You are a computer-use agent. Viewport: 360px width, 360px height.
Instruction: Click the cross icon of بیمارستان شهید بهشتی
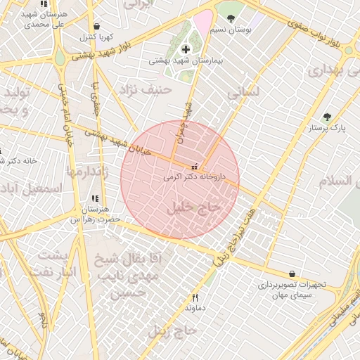pos(186,49)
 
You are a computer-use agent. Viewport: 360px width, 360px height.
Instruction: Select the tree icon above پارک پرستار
pos(326,117)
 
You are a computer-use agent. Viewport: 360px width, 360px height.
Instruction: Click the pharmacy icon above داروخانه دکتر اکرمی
pos(194,167)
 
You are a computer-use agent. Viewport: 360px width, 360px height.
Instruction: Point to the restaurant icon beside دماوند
pos(195,297)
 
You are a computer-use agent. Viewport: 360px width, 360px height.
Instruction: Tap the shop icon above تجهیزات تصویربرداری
pos(292,274)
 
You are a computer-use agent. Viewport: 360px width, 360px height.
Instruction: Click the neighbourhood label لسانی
pos(244,92)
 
